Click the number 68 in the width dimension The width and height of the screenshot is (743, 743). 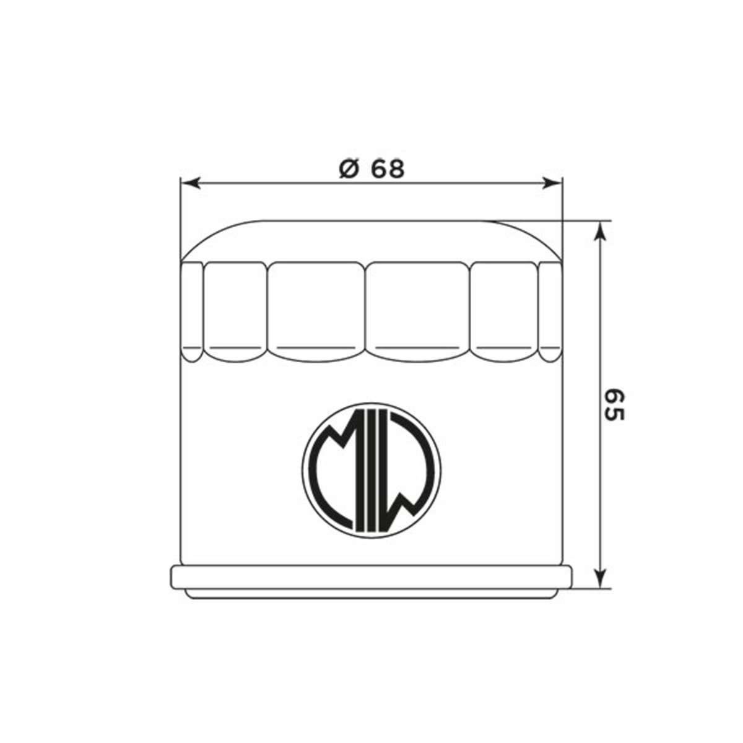click(388, 169)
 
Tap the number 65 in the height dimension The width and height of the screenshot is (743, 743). click(614, 405)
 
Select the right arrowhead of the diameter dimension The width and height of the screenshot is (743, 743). click(552, 183)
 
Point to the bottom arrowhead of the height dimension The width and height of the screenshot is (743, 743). click(599, 578)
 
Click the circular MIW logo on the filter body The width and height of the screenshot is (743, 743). click(371, 469)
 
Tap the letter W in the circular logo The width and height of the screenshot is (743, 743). click(409, 469)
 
